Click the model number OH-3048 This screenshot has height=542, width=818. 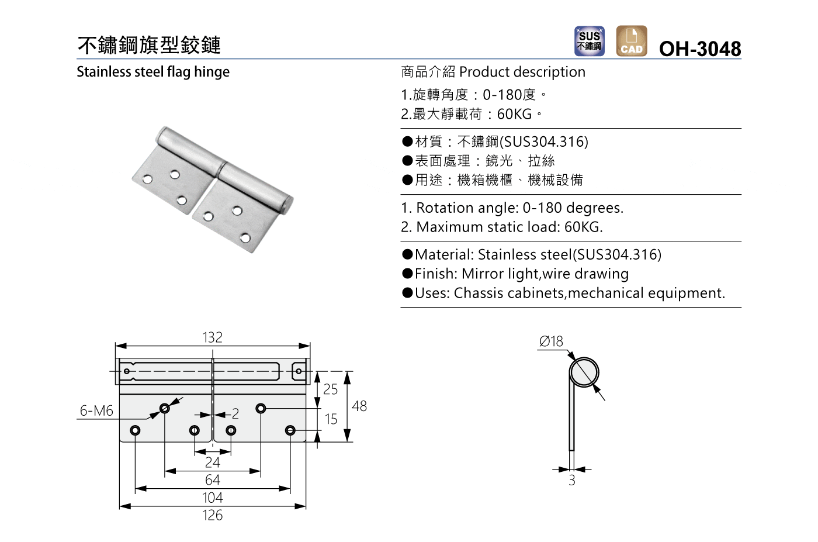coord(699,49)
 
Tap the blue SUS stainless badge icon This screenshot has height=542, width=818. coord(589,41)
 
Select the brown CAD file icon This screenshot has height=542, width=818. coord(631,41)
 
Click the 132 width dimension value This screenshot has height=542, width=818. coord(212,337)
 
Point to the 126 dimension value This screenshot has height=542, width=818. coord(212,515)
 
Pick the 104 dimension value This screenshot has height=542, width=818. coord(212,498)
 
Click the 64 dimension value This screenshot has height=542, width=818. coord(212,480)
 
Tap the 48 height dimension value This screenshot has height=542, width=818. coord(359,406)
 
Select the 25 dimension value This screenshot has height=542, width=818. coord(330,389)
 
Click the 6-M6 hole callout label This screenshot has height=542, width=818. coord(96,411)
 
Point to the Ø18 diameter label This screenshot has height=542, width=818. coord(551,341)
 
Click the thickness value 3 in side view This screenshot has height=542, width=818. coord(572,481)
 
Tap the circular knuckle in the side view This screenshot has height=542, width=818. coord(584,372)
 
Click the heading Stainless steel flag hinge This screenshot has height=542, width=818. coord(153,72)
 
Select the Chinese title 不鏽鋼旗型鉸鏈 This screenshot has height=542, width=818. coord(149,45)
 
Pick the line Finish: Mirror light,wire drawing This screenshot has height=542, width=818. coord(521,274)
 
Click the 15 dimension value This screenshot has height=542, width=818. coord(331,419)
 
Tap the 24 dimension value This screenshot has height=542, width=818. coord(212,462)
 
